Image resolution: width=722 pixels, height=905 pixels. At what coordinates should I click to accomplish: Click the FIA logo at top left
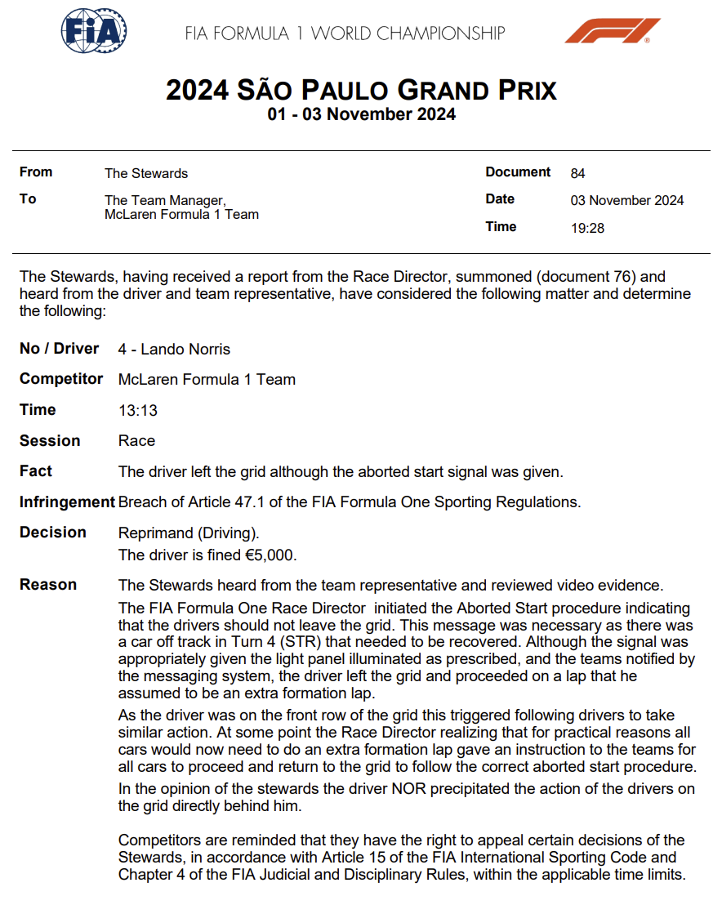tap(95, 32)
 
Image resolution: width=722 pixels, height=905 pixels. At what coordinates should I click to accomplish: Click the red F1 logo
tap(612, 32)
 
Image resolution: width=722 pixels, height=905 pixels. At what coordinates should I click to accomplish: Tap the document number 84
tap(577, 173)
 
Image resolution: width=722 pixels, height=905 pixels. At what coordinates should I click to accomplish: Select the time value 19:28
tap(587, 228)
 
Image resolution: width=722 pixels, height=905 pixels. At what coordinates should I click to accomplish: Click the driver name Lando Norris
tap(185, 350)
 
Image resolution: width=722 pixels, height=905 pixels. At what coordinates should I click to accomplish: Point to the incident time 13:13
tap(138, 411)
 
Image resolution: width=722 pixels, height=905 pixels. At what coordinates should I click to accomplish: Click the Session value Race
tap(136, 441)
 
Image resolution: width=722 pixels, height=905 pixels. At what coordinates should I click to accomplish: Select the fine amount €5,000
tap(271, 555)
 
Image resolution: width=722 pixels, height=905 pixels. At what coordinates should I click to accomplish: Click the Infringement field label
tap(67, 502)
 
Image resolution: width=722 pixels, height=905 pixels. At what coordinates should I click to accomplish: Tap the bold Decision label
tap(52, 533)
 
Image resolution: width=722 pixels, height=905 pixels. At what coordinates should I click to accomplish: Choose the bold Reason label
tap(48, 585)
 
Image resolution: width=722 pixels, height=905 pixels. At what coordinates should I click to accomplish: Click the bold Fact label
tap(36, 471)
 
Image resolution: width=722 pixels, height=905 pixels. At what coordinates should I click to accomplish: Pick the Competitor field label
tap(61, 379)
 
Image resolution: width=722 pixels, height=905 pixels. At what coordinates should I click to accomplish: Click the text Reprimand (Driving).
tap(189, 534)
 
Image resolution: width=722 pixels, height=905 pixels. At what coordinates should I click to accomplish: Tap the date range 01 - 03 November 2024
tap(361, 114)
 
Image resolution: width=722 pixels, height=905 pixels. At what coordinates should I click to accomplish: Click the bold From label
tap(36, 172)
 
